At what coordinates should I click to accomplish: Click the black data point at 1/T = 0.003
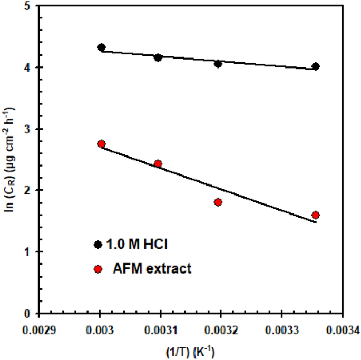pyautogui.click(x=101, y=47)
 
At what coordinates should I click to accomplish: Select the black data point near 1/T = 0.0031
pyautogui.click(x=158, y=57)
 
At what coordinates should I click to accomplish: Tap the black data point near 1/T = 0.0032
pyautogui.click(x=218, y=64)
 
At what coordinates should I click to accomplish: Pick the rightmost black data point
pyautogui.click(x=316, y=66)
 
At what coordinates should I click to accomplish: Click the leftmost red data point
pyautogui.click(x=101, y=144)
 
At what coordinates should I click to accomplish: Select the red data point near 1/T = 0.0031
pyautogui.click(x=158, y=164)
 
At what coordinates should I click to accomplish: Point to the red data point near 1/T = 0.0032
pyautogui.click(x=218, y=202)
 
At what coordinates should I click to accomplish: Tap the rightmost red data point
pyautogui.click(x=316, y=215)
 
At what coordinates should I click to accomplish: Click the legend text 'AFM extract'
pyautogui.click(x=152, y=269)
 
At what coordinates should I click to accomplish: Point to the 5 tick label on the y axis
pyautogui.click(x=26, y=6)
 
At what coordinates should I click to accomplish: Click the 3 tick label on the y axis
pyautogui.click(x=26, y=129)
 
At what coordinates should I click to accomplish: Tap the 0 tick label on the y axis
pyautogui.click(x=26, y=313)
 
